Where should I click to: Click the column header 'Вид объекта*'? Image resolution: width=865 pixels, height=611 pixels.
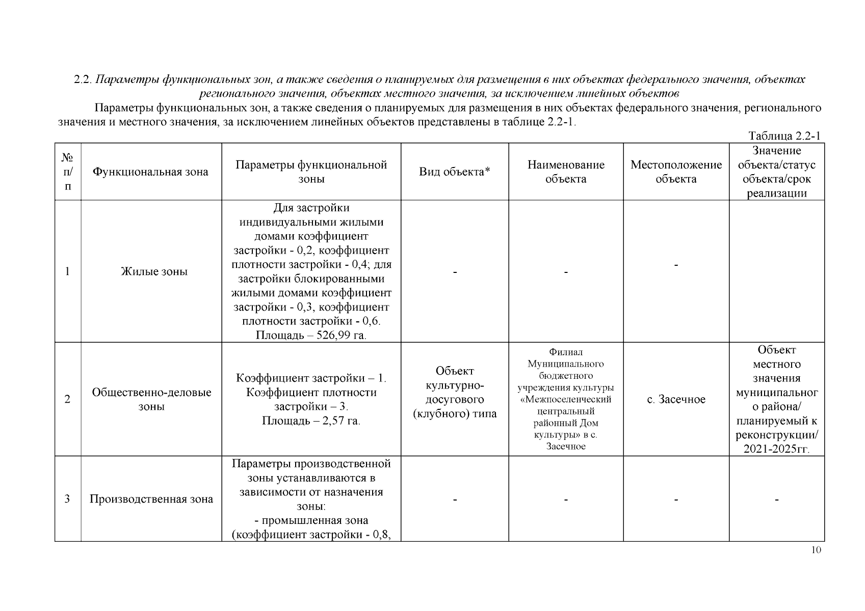pos(454,172)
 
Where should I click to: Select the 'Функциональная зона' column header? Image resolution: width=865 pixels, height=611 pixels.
pos(150,172)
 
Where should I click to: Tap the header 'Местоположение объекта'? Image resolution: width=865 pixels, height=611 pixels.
pos(676,172)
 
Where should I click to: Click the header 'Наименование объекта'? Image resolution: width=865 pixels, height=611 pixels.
pos(566,172)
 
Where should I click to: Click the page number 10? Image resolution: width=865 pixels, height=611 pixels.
pos(816,550)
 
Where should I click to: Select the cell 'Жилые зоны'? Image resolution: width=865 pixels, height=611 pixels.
pos(154,271)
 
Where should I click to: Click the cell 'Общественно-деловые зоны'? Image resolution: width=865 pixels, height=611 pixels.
pos(151,400)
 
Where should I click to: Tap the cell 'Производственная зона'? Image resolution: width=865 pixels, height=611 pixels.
pos(151,499)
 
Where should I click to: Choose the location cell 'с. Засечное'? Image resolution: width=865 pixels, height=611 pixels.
pos(676,400)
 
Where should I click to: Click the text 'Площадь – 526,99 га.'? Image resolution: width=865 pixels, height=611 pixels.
pos(311,336)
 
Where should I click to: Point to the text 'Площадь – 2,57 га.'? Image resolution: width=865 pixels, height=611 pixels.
pos(311,421)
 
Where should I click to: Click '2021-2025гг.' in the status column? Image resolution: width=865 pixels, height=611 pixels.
pos(776,449)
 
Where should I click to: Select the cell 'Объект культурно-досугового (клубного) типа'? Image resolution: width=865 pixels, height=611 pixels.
pos(454,392)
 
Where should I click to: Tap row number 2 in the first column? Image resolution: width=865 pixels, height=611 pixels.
pos(67,400)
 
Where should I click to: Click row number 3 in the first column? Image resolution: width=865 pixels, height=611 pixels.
pos(67,499)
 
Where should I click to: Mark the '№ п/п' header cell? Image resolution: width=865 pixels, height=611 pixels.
pos(67,172)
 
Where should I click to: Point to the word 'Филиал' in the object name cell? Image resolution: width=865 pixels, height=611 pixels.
pos(566,352)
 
